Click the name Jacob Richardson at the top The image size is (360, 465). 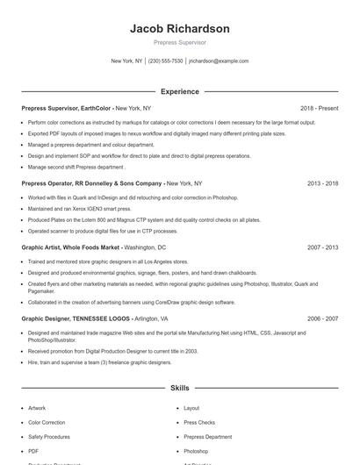tap(180, 29)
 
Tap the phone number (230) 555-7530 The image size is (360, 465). tap(165, 61)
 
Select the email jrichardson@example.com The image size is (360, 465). tap(219, 61)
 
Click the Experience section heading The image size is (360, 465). tap(180, 91)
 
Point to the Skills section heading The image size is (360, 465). tap(180, 387)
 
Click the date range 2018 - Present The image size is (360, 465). tap(319, 108)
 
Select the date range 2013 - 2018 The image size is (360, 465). tap(323, 184)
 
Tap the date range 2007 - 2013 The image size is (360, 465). tap(323, 248)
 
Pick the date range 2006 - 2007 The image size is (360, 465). tap(323, 319)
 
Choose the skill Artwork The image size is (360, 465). tap(37, 408)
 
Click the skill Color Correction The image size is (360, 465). tap(47, 422)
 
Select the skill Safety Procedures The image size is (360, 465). tap(48, 436)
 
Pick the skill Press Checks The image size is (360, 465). tap(199, 422)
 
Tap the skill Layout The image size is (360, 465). tap(191, 408)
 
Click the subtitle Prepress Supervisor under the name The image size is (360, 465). tap(180, 42)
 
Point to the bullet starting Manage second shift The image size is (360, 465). tap(76, 166)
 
